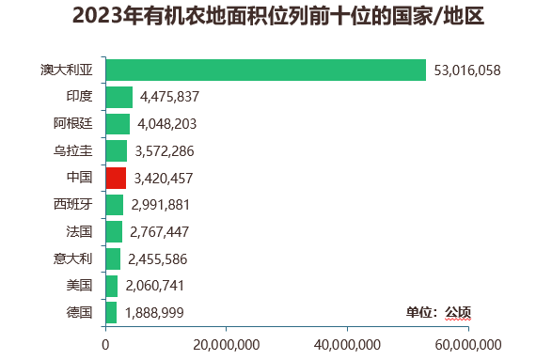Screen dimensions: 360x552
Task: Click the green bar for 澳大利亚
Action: tap(266, 70)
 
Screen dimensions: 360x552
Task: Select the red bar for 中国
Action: tap(116, 178)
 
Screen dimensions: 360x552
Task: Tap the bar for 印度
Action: tap(119, 97)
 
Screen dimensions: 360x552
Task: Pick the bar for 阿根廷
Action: tap(118, 124)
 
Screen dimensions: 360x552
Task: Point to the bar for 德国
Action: tap(112, 312)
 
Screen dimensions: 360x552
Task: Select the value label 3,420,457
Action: tap(164, 178)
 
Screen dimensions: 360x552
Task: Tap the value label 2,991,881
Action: tap(161, 205)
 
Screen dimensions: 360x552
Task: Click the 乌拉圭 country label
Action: tap(72, 150)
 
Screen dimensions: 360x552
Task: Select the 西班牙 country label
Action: tap(72, 205)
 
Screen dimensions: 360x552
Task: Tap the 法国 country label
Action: tap(79, 231)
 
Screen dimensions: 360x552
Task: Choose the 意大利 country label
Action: tap(72, 258)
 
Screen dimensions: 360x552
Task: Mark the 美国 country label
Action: tap(79, 285)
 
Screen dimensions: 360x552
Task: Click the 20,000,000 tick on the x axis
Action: tap(227, 345)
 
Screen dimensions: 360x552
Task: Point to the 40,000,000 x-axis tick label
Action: tap(347, 345)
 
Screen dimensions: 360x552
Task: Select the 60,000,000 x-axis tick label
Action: tap(467, 345)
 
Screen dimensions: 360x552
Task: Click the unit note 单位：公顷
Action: tap(438, 312)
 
